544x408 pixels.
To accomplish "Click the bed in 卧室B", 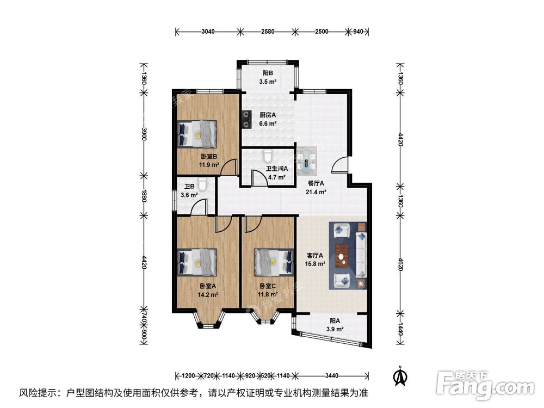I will [x=197, y=133].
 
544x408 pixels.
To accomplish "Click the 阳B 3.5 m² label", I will [x=267, y=77].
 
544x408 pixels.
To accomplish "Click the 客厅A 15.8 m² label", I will [x=314, y=259].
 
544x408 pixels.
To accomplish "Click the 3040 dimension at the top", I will [x=208, y=32].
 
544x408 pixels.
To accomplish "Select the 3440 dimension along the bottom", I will [x=332, y=375].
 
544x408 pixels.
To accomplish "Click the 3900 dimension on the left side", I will [x=144, y=134].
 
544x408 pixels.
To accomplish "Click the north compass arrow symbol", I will [x=400, y=374].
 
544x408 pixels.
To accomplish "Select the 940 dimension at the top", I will [x=358, y=32].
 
